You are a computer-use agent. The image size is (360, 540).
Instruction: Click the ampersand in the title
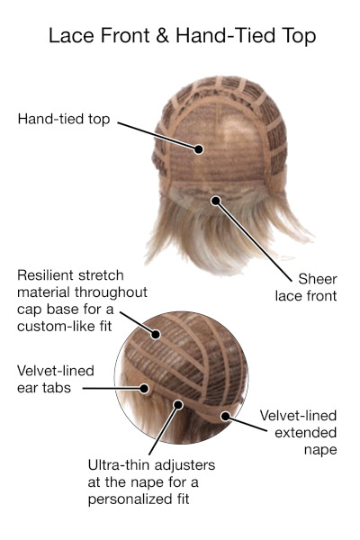tap(162, 35)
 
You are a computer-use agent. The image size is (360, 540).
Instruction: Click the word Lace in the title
tap(71, 35)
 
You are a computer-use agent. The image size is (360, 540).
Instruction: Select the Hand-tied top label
tap(64, 119)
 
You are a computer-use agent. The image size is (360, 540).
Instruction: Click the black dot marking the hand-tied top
tap(198, 149)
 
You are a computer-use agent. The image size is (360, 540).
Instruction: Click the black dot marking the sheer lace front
tap(216, 201)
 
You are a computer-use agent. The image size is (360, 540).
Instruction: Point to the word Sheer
tap(318, 279)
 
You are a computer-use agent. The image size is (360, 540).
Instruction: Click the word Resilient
tap(44, 275)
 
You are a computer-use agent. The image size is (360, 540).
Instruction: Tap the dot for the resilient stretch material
tap(156, 334)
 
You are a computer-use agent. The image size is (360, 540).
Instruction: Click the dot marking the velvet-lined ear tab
tap(144, 389)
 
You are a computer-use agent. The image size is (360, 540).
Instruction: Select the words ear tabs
tap(44, 388)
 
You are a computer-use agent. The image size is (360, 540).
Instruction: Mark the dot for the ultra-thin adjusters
tap(178, 405)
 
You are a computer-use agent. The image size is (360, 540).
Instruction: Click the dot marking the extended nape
tap(225, 417)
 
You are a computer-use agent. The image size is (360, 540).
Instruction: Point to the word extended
tap(306, 433)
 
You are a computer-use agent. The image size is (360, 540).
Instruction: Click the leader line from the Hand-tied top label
tap(157, 136)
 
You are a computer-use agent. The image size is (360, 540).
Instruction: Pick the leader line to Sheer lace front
tap(253, 240)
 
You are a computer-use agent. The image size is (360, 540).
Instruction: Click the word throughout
tap(111, 292)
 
